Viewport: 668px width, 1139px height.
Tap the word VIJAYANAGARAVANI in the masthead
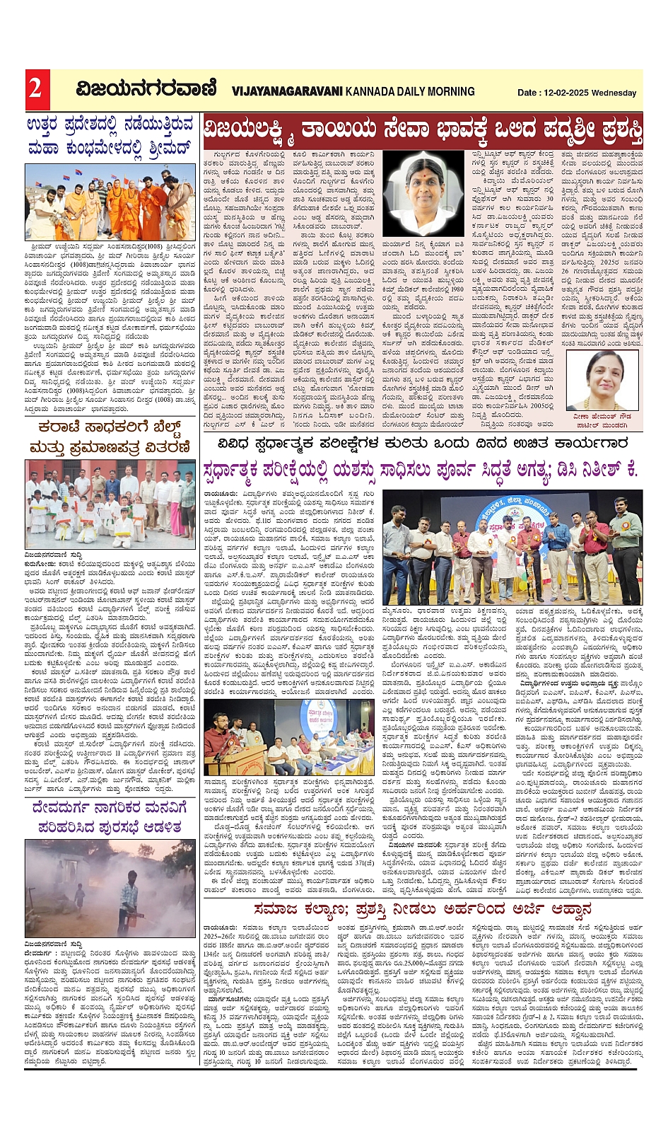tap(287, 91)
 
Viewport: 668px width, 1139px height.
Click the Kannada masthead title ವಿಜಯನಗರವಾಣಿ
tap(146, 89)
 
